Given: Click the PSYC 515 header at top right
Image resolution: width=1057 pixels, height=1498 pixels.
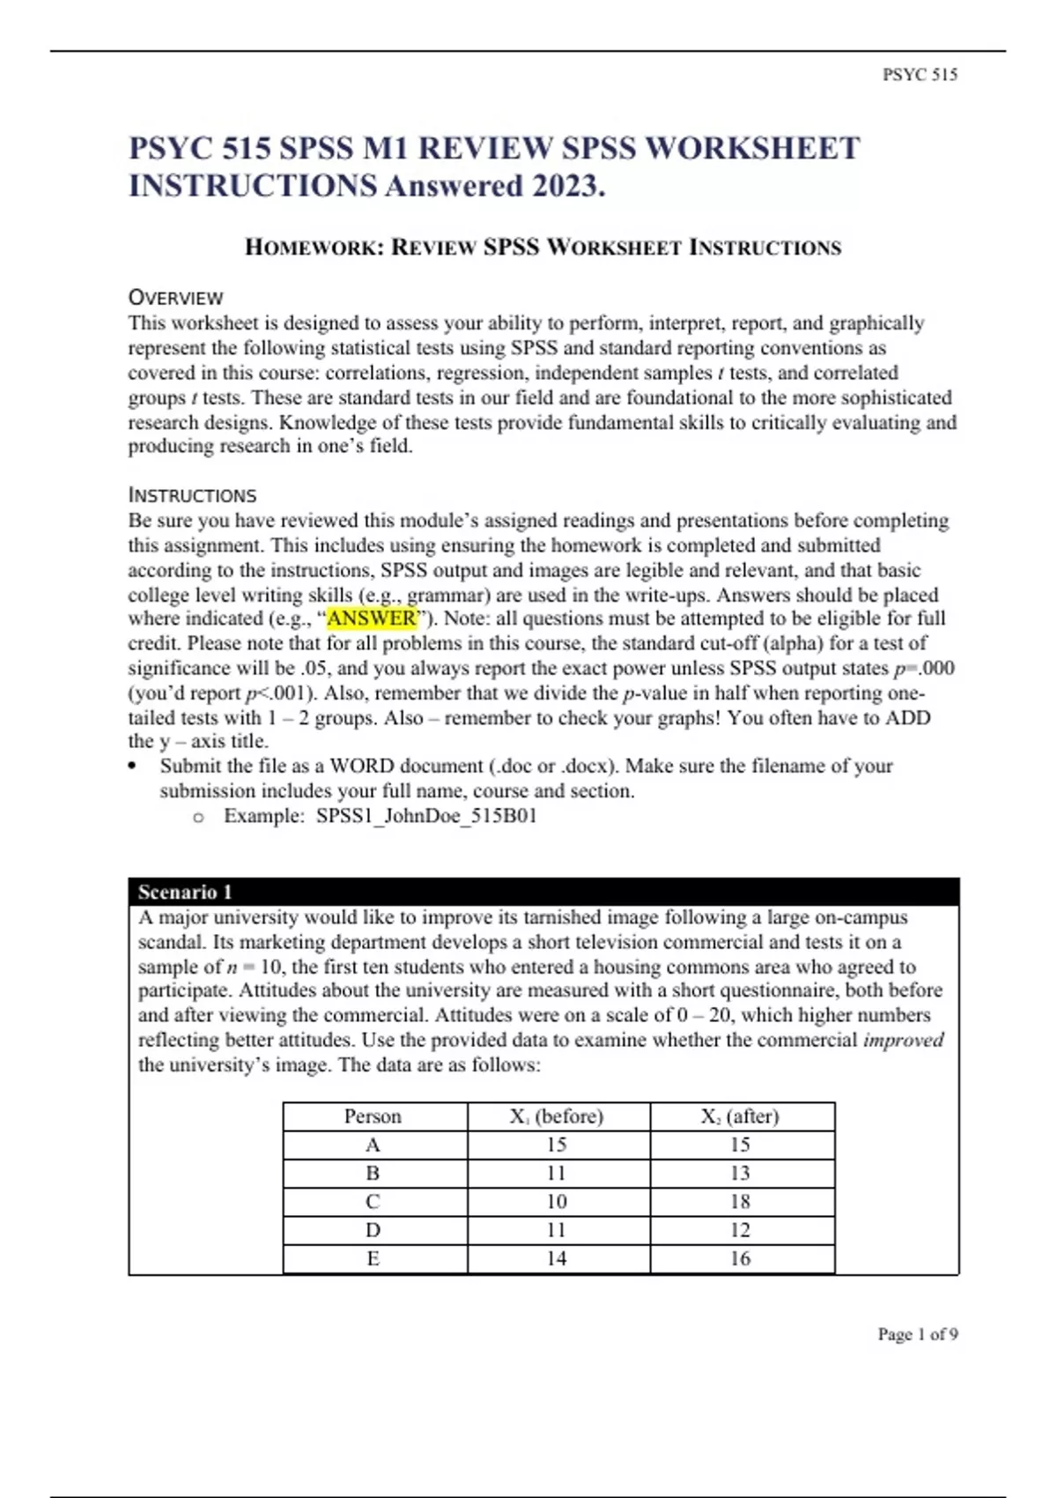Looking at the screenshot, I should coord(920,75).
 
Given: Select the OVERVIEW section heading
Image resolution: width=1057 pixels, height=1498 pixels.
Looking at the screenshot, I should coord(175,298).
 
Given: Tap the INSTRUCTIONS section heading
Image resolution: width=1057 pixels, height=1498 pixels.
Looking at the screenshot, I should coord(192,495).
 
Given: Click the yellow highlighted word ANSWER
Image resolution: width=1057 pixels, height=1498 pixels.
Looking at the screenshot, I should coord(371,619).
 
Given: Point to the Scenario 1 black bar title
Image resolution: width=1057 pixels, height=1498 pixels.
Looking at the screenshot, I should coord(185,892).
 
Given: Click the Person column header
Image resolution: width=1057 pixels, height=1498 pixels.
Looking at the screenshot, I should coord(373,1116).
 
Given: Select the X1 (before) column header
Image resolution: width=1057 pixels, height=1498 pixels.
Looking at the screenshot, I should coord(557,1116).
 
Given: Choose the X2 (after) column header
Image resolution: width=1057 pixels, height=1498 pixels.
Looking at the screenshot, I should coord(740,1116).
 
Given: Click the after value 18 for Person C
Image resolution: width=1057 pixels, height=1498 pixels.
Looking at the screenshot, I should coord(740,1202).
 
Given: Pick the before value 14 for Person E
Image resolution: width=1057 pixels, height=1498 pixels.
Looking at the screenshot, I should coord(556,1258).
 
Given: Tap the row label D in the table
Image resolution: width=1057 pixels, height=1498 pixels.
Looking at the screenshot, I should coord(373,1230).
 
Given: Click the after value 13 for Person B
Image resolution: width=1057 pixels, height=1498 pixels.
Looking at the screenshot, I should coord(740,1173).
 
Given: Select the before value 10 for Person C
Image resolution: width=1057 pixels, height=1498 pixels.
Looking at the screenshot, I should coord(556,1202).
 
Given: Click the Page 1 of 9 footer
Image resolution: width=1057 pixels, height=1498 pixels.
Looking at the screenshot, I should coord(917,1334).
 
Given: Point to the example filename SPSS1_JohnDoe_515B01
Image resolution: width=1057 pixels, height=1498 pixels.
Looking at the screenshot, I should coord(426,816).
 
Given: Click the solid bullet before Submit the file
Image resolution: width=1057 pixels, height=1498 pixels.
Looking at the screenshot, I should coord(133,766).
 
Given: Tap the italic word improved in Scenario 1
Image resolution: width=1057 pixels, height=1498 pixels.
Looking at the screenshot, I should coord(903,1040).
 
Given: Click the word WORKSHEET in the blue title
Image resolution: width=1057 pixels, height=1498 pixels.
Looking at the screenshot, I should coord(752,148).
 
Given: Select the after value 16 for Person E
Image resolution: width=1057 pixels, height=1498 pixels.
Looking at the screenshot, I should coord(740,1258).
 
